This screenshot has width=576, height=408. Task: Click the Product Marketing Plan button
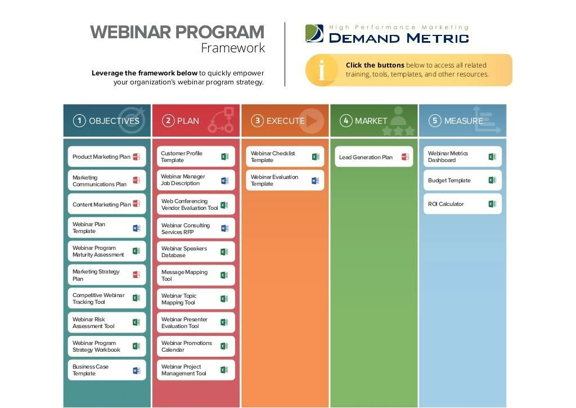coord(106,157)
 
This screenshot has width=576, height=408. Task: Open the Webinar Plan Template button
coord(106,228)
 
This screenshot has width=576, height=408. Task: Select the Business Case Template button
coord(106,370)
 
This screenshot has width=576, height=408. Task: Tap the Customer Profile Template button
coord(195,157)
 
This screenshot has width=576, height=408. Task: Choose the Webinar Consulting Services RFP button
coord(195,228)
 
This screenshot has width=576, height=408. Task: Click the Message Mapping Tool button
coord(195,276)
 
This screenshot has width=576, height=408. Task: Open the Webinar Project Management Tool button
coord(195,370)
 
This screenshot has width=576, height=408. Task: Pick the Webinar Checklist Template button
coord(285,157)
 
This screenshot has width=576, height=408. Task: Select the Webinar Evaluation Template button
coord(285,181)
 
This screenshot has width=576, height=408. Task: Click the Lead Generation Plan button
coord(374,157)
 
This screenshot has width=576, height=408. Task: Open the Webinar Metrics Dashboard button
coord(462,157)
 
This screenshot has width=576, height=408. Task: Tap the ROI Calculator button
coord(462,204)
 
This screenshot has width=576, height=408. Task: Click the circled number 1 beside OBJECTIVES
coord(79,121)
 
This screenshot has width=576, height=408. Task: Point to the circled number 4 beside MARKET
coord(346,121)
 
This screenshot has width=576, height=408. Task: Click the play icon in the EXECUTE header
coord(312,121)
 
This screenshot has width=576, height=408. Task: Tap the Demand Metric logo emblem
coord(314,34)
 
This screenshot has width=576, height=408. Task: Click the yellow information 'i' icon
coord(321,70)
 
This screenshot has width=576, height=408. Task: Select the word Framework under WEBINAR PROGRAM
coord(233,48)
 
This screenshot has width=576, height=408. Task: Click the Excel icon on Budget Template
coord(492,181)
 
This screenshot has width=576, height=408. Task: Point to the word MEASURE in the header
coord(463,121)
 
